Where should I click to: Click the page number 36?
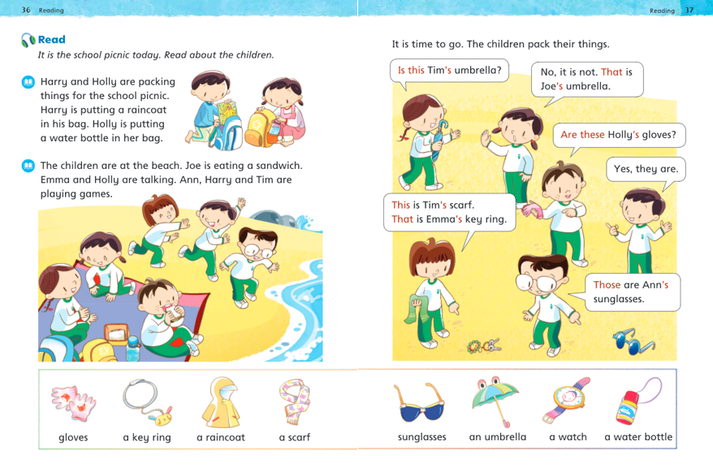coord(26,10)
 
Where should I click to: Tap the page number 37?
coord(689,10)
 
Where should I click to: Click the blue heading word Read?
coord(51,39)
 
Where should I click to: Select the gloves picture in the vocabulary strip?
coord(76,402)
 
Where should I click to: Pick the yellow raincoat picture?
coord(220,402)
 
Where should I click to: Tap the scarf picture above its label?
coord(293,402)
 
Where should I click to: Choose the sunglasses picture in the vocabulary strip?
coord(420,402)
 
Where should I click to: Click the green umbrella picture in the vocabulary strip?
coord(496,400)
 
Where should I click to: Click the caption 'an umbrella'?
coord(497,437)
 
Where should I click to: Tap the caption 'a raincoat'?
coord(220,437)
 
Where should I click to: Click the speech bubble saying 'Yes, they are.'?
coord(646,169)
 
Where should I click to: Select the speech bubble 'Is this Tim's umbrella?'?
coord(448,70)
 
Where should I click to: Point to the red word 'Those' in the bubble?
coord(607,284)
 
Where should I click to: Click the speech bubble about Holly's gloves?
coord(618,134)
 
